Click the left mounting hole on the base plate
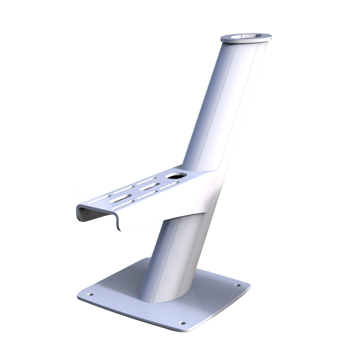click(90, 294)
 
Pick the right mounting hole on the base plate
click(237, 285)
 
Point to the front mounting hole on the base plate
click(182, 323)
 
